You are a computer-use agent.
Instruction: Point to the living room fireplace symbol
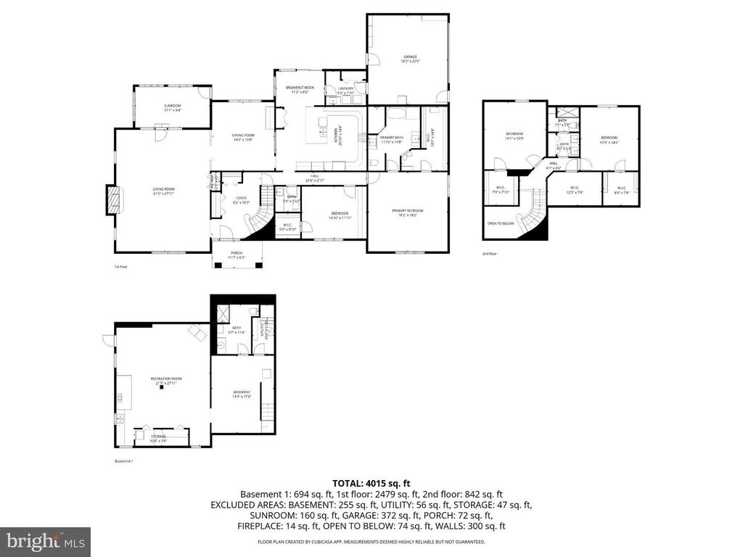point(112,199)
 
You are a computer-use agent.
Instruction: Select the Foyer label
point(241,199)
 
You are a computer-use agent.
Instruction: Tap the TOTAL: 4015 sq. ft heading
point(371,482)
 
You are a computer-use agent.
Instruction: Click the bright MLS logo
point(45,541)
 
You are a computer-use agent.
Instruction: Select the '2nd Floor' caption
point(490,254)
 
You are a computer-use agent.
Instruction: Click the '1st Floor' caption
point(121,267)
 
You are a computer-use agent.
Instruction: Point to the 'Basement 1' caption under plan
point(124,461)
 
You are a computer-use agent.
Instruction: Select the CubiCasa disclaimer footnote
point(371,542)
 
